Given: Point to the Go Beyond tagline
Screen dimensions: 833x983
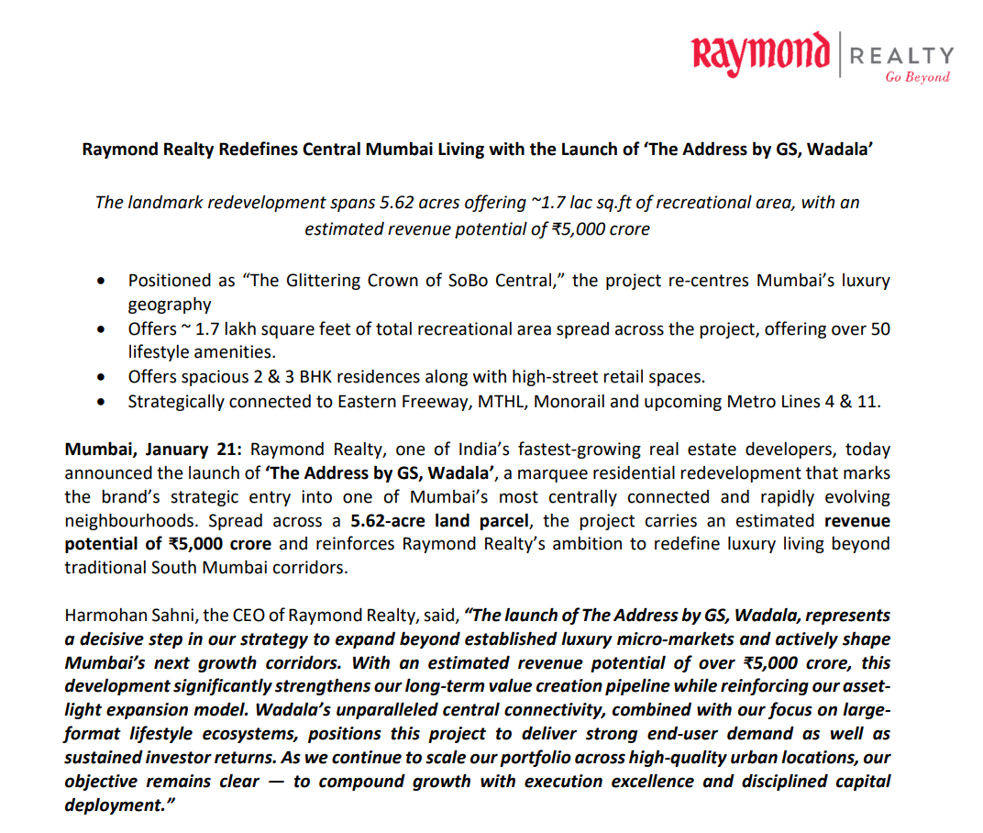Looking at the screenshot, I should [x=917, y=77].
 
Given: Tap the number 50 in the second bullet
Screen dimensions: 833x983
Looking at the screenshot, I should [x=879, y=328].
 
